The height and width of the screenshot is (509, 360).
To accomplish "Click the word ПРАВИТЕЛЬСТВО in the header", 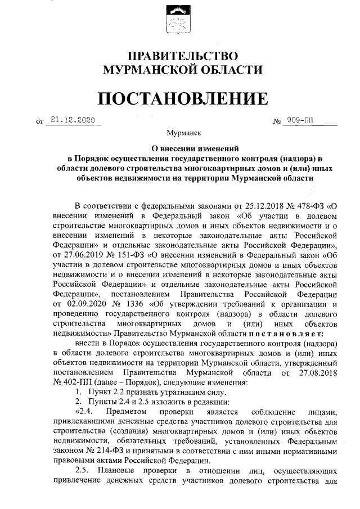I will (x=179, y=56).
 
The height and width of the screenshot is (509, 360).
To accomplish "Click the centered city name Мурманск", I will (x=179, y=134).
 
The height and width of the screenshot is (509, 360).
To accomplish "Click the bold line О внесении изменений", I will (x=179, y=149).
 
